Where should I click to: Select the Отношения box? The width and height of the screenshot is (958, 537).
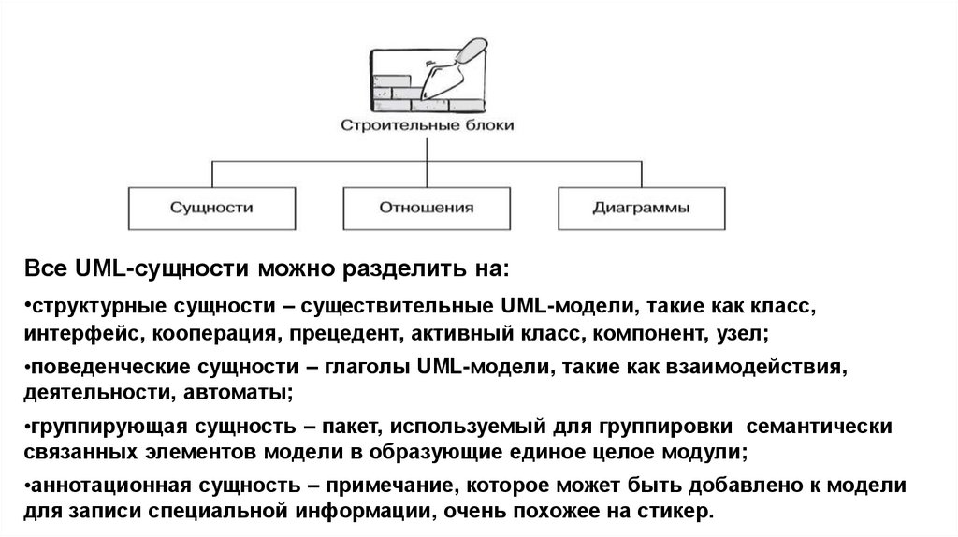point(426,207)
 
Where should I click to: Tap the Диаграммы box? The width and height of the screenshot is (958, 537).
point(641,207)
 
